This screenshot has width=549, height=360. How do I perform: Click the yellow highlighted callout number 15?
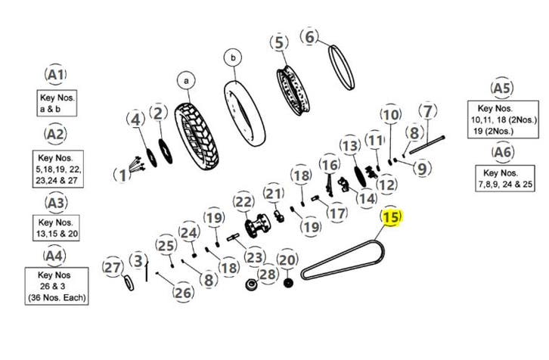[x=390, y=219]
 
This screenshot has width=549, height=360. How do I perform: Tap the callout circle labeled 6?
[x=311, y=36]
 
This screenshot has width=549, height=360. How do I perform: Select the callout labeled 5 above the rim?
[x=281, y=43]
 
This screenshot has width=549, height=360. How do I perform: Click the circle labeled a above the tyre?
[x=185, y=79]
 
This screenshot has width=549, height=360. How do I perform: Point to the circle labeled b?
[x=233, y=58]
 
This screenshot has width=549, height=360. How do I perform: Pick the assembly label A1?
[x=55, y=75]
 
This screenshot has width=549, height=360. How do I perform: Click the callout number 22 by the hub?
[x=243, y=203]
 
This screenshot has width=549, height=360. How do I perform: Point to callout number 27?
[x=112, y=268]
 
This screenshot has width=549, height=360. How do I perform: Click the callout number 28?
[x=268, y=274]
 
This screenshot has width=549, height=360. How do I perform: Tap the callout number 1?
[x=122, y=175]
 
